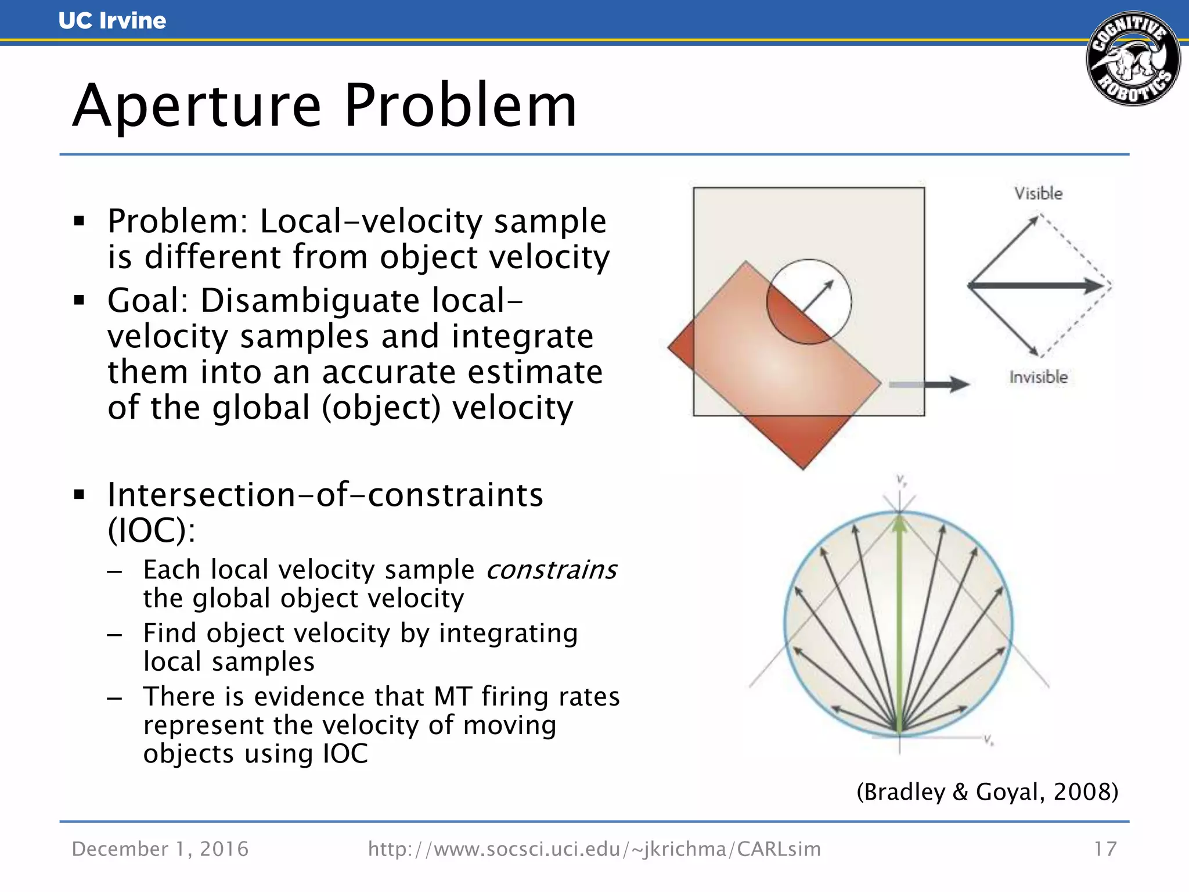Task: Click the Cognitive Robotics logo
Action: (x=1133, y=59)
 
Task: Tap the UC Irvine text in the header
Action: (x=112, y=21)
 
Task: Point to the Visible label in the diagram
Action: (x=1038, y=193)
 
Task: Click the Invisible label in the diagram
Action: (x=1038, y=377)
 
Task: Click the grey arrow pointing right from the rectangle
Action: (x=929, y=384)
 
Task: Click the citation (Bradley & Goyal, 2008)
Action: (x=987, y=792)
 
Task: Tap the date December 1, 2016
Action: (x=160, y=849)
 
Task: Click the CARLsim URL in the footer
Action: (x=594, y=849)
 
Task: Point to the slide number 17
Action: (x=1105, y=849)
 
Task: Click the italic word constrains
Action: (x=552, y=570)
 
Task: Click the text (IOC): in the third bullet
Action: (x=152, y=530)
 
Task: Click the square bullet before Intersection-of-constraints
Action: (x=80, y=495)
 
